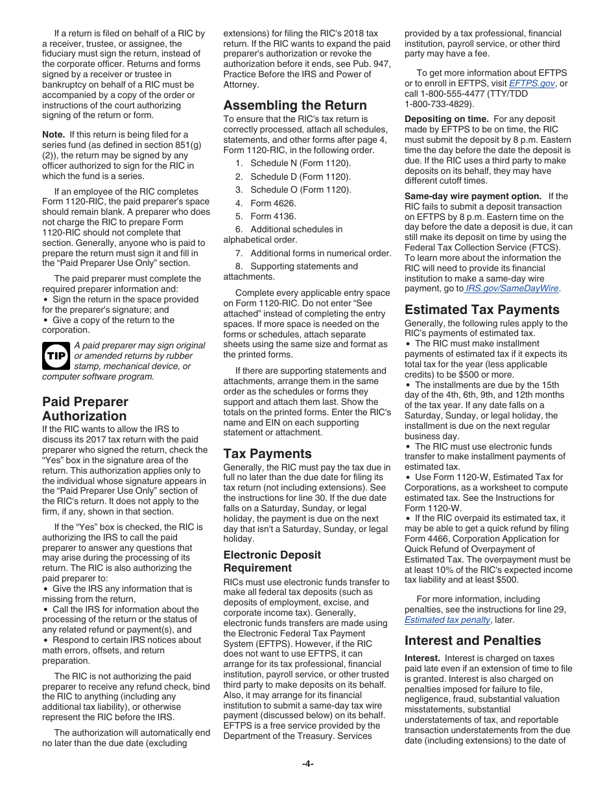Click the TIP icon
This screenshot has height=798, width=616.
(x=55, y=356)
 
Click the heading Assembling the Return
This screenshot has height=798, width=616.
(x=294, y=105)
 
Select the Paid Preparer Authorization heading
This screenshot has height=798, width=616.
(x=85, y=409)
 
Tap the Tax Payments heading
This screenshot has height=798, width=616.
(x=267, y=453)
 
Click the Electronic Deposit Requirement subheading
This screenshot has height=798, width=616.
(x=272, y=561)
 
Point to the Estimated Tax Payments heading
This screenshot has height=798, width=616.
(x=481, y=309)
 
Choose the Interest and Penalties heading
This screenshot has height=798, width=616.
(x=472, y=640)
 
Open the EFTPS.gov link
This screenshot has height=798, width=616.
(x=532, y=84)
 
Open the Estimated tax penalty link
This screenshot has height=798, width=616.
(x=447, y=620)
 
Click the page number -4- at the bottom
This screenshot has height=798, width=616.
(x=307, y=764)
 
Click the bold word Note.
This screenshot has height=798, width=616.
(x=53, y=134)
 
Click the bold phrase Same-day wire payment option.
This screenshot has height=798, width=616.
(x=473, y=196)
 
